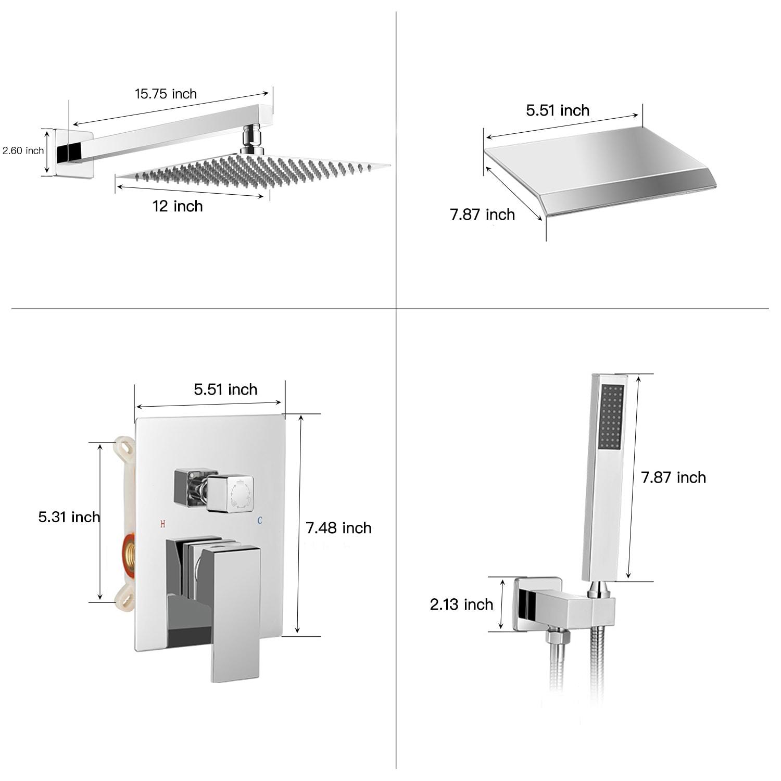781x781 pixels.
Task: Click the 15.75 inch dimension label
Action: click(166, 94)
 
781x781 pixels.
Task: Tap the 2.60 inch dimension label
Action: click(23, 151)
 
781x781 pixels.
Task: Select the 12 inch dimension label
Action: click(178, 206)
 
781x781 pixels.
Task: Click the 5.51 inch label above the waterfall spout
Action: click(558, 110)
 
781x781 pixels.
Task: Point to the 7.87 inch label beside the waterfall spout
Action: click(482, 215)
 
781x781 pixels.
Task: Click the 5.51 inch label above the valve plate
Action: click(225, 389)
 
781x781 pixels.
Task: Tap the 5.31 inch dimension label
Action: click(69, 517)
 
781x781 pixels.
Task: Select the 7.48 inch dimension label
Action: click(338, 528)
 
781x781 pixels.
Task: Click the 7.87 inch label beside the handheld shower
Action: click(673, 477)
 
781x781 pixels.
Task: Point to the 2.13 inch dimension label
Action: click(461, 604)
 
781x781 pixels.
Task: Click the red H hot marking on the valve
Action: click(163, 524)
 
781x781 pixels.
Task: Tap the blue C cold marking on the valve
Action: click(259, 521)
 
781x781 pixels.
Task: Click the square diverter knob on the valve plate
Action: click(229, 493)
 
